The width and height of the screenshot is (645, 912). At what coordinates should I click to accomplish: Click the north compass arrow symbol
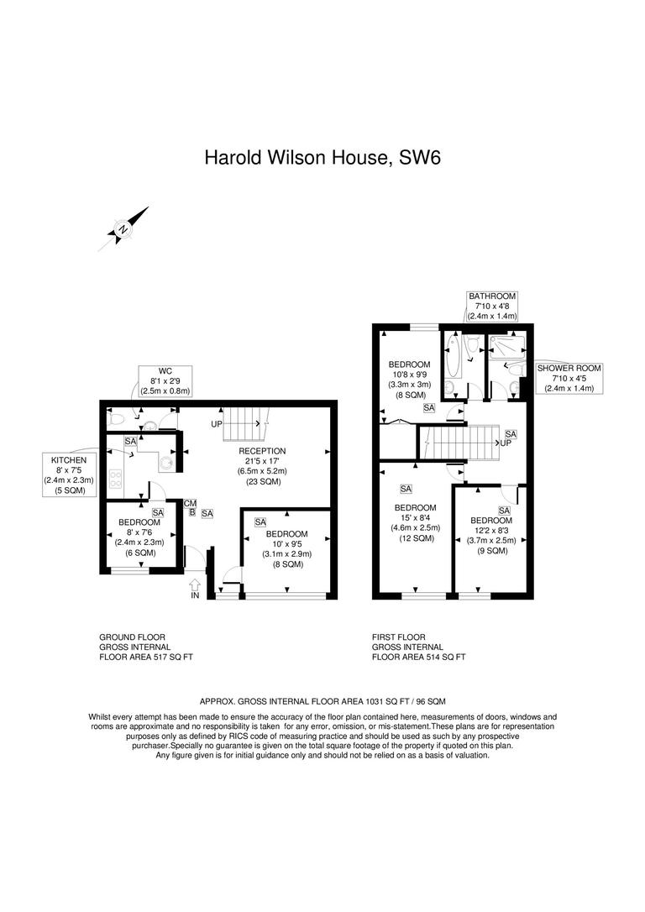[123, 228]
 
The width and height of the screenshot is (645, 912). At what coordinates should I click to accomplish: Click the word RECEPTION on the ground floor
[263, 451]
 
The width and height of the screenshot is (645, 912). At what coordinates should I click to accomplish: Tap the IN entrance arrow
[196, 585]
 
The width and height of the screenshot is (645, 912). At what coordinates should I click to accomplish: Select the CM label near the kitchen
[191, 502]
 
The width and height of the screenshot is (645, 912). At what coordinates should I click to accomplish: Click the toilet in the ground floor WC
[118, 416]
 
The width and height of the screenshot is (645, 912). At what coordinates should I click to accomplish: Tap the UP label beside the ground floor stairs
[217, 424]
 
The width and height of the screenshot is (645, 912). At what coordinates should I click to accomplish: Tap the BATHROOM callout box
[492, 307]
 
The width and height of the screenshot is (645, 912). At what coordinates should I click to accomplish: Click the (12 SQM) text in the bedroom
[415, 538]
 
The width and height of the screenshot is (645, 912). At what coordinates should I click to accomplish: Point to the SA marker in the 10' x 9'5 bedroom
[260, 522]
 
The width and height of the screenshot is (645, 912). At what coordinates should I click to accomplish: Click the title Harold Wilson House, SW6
[322, 158]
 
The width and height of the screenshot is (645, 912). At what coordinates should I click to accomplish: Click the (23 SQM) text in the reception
[263, 481]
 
